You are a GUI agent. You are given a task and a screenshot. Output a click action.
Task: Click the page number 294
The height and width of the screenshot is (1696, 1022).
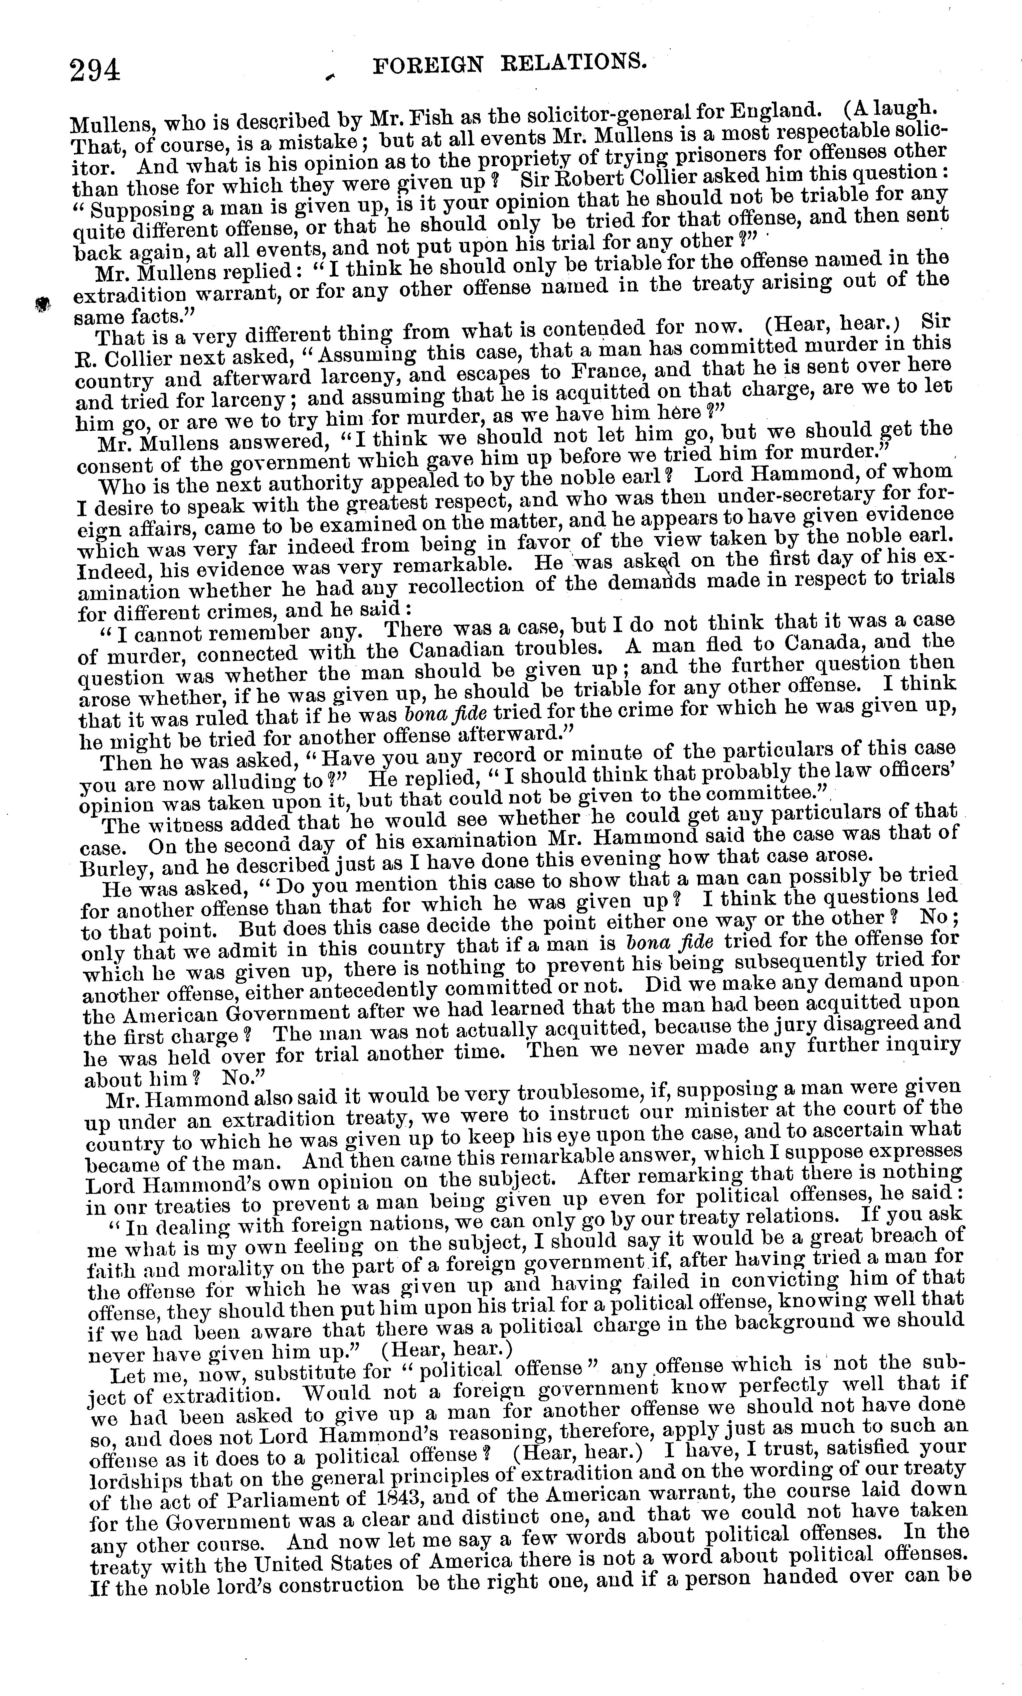click(95, 70)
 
